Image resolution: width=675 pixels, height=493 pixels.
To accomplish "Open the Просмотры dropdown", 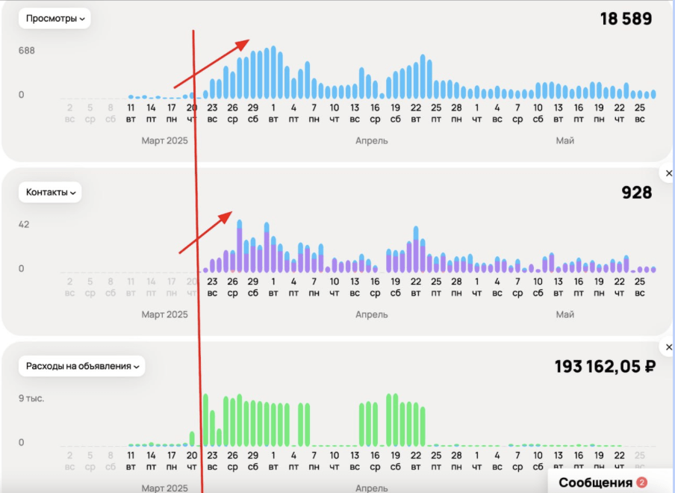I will pos(55,19).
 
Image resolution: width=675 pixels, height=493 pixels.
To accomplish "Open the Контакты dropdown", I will pos(51,192).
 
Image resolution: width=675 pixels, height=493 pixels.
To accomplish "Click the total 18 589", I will pos(626,19).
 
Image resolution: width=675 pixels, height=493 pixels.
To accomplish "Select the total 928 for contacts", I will pos(637,193).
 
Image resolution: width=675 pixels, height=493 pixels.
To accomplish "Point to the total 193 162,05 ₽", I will pos(605,367).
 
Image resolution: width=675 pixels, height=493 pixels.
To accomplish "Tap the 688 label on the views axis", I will pos(27,51).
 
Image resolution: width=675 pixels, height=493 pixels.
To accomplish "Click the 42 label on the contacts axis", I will pos(24,224).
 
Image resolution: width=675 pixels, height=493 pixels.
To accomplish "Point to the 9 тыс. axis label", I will pos(31,398).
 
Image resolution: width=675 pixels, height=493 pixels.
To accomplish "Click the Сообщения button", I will pos(595,483).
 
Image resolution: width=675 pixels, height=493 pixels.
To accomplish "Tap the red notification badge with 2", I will pos(641,483).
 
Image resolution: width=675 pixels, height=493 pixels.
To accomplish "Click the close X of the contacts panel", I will pos(669,173).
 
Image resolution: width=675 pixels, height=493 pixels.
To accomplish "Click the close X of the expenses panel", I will pos(669,347).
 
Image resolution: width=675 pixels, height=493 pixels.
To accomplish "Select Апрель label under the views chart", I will pos(372,140).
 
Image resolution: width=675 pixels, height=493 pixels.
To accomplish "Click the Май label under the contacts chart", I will pos(564,314).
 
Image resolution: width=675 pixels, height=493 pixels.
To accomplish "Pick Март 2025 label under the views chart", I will pos(164,140).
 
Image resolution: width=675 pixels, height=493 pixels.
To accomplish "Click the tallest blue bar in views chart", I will pos(273,72).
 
